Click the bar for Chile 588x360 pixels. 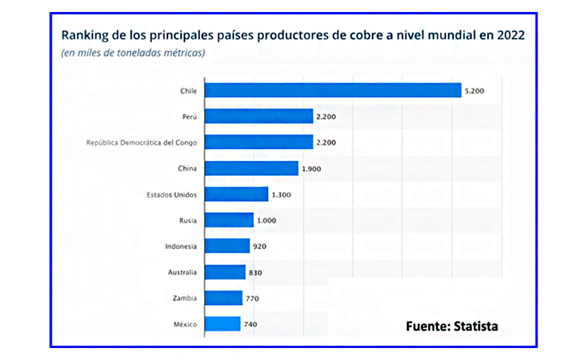click(x=333, y=90)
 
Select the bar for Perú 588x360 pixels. click(x=259, y=116)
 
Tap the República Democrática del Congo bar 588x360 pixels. click(x=259, y=142)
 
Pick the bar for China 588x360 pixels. click(x=252, y=168)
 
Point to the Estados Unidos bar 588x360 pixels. click(x=237, y=194)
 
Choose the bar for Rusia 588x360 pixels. click(x=229, y=220)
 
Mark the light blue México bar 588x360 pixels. click(x=223, y=324)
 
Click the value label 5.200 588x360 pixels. click(x=473, y=91)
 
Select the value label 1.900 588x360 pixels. click(x=311, y=169)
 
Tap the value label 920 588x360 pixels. click(x=260, y=246)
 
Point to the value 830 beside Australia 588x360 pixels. click(x=255, y=272)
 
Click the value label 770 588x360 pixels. click(x=252, y=298)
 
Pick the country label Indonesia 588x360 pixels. click(x=181, y=246)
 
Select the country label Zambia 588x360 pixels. click(x=185, y=298)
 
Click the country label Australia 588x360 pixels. click(x=182, y=272)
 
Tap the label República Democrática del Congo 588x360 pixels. click(x=142, y=143)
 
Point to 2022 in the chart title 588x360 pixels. click(x=510, y=35)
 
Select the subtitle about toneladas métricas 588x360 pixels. click(x=133, y=53)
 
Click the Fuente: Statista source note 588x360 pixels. click(x=452, y=326)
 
